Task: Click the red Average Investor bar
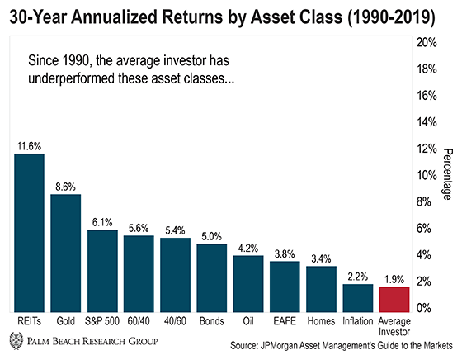coord(394,299)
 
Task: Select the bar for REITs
coord(29,233)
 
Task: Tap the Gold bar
coord(66,253)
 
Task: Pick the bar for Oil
coord(248,284)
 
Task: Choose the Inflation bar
coord(358,298)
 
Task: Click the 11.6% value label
coord(29,146)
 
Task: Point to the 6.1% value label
coord(102,222)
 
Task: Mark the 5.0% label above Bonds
coord(211,236)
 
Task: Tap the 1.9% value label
coord(394,279)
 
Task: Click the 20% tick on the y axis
coord(427,43)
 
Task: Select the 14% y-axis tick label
coord(427,122)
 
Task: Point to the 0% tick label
coord(424,308)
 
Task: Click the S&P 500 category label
coord(102,321)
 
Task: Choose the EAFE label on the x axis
coord(285,321)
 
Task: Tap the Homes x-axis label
coord(321,321)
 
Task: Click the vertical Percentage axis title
coord(448,174)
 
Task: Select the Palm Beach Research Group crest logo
coord(16,340)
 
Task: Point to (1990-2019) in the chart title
coord(391,17)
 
